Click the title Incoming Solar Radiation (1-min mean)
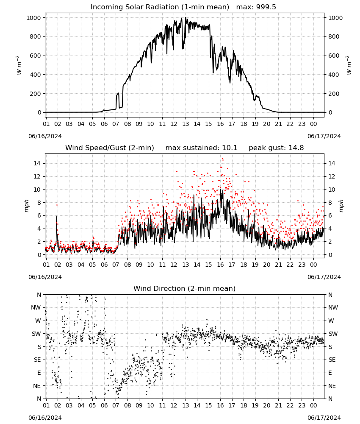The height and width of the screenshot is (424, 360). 160,7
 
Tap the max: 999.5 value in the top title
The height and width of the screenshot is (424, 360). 256,7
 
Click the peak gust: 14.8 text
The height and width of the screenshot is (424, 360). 276,148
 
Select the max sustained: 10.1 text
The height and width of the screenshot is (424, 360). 201,148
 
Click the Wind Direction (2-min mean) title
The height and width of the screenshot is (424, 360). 185,288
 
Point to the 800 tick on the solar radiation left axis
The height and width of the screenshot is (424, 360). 36,37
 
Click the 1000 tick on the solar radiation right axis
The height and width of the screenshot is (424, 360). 335,18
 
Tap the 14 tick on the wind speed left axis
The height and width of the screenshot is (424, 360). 37,163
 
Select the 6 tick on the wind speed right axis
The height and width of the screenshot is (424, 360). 330,215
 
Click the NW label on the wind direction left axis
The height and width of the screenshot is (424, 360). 36,308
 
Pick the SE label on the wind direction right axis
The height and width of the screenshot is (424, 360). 332,360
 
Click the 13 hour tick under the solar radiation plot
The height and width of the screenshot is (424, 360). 186,124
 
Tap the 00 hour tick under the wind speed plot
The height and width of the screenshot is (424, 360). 313,265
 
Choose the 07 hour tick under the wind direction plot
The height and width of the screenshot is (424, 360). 116,405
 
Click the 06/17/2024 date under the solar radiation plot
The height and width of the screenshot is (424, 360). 324,136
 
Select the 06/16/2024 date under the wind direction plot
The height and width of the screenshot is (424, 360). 45,418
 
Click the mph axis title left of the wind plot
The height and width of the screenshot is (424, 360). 26,206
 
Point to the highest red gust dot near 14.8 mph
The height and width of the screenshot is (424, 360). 222,159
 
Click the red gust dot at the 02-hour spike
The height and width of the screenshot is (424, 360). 57,205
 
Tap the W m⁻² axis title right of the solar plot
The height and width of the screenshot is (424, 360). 349,65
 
